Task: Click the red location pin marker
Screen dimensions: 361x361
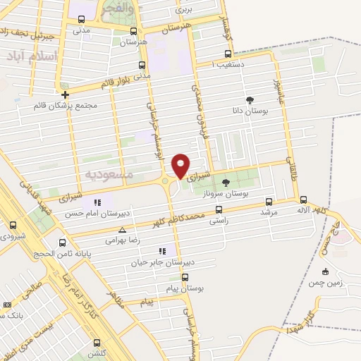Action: point(181,165)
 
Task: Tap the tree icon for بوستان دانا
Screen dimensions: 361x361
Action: point(250,99)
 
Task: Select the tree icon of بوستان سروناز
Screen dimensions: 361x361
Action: point(226,183)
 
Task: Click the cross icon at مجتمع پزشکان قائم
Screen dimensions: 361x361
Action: point(65,94)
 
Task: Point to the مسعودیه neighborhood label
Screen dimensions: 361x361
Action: point(105,173)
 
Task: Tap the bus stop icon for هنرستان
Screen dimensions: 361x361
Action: point(134,32)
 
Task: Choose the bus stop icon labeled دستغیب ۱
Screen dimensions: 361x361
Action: point(227,54)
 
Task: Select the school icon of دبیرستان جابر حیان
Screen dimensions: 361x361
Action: point(163,251)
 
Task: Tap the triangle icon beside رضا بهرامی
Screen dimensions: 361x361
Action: point(123,230)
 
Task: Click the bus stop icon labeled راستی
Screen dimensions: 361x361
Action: point(219,209)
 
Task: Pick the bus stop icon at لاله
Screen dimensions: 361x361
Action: point(303,200)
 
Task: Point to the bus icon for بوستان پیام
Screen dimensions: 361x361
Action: point(185,277)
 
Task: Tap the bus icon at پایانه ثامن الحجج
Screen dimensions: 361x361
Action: point(62,241)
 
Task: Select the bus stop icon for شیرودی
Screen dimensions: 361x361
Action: point(13,226)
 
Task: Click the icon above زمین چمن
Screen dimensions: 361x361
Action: point(325,272)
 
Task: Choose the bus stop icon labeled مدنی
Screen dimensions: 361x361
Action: point(81,20)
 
